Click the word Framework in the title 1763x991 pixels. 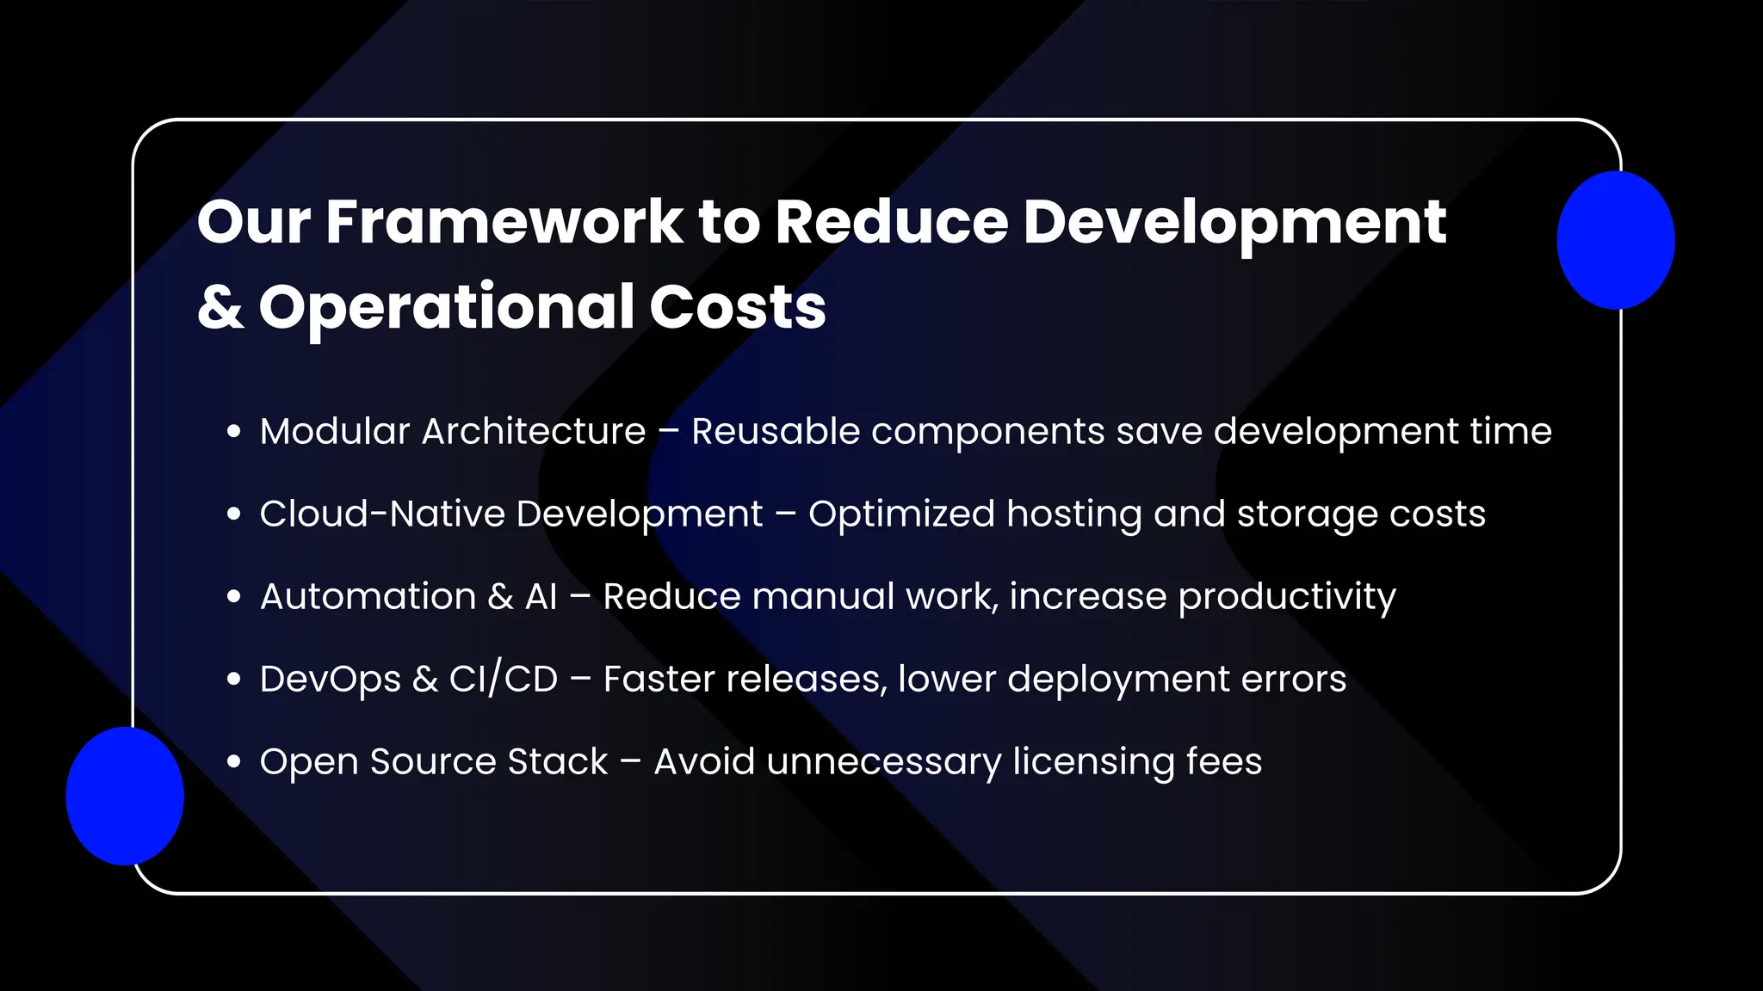point(504,223)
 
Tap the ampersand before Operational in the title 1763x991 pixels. point(220,307)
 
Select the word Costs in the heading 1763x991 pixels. point(737,307)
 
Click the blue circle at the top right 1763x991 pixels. point(1615,240)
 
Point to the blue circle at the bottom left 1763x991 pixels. point(125,796)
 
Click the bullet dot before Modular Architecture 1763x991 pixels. point(233,432)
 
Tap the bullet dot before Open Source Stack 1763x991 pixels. point(233,762)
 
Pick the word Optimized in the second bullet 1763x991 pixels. point(901,514)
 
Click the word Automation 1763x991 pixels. point(368,596)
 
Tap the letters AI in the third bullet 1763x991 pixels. point(541,596)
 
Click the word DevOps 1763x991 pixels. point(331,680)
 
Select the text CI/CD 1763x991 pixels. point(504,679)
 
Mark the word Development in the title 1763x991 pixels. point(1234,223)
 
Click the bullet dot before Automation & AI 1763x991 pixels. point(233,597)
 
